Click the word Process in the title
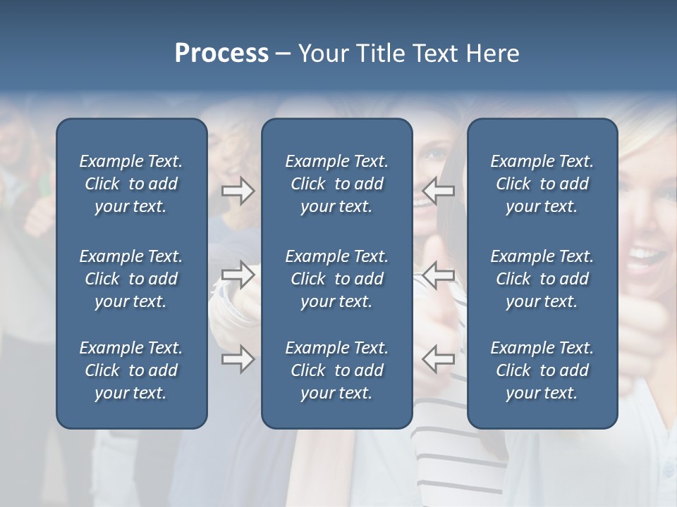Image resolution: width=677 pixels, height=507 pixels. click(221, 54)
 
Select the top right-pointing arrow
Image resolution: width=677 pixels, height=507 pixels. click(238, 190)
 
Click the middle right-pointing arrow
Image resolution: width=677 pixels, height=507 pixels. click(238, 275)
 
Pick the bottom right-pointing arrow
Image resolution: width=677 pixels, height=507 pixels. click(238, 359)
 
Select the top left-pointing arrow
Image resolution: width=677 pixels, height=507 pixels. click(439, 190)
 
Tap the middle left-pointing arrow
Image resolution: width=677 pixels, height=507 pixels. click(439, 275)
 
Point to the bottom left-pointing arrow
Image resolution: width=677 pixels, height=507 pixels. click(439, 359)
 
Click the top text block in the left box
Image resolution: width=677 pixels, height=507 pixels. click(131, 184)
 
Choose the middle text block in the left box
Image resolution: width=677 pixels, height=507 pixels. click(131, 279)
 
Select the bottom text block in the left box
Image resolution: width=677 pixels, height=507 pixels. click(131, 370)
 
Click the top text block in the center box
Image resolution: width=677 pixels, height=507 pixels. click(336, 184)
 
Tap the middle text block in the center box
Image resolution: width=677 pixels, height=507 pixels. click(336, 279)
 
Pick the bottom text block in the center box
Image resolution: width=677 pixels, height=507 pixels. click(336, 370)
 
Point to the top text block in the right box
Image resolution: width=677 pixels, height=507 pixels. click(542, 184)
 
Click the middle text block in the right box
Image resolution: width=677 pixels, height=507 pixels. click(542, 279)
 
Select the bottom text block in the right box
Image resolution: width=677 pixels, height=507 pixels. click(542, 370)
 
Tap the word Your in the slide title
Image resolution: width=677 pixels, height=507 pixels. click(322, 54)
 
